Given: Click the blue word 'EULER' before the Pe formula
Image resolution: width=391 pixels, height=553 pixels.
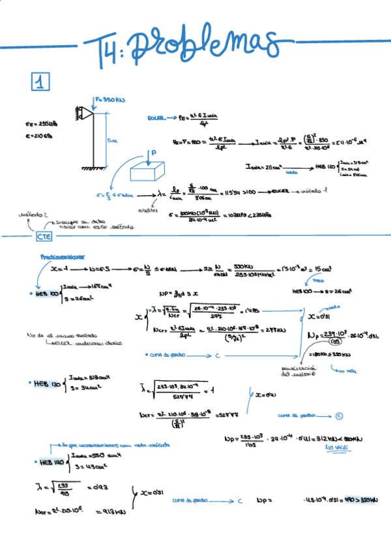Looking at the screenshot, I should coord(156,118).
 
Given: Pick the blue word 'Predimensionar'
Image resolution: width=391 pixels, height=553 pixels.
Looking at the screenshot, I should coord(62,258).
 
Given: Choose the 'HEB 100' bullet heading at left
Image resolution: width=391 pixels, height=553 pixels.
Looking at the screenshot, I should coord(46,293).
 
